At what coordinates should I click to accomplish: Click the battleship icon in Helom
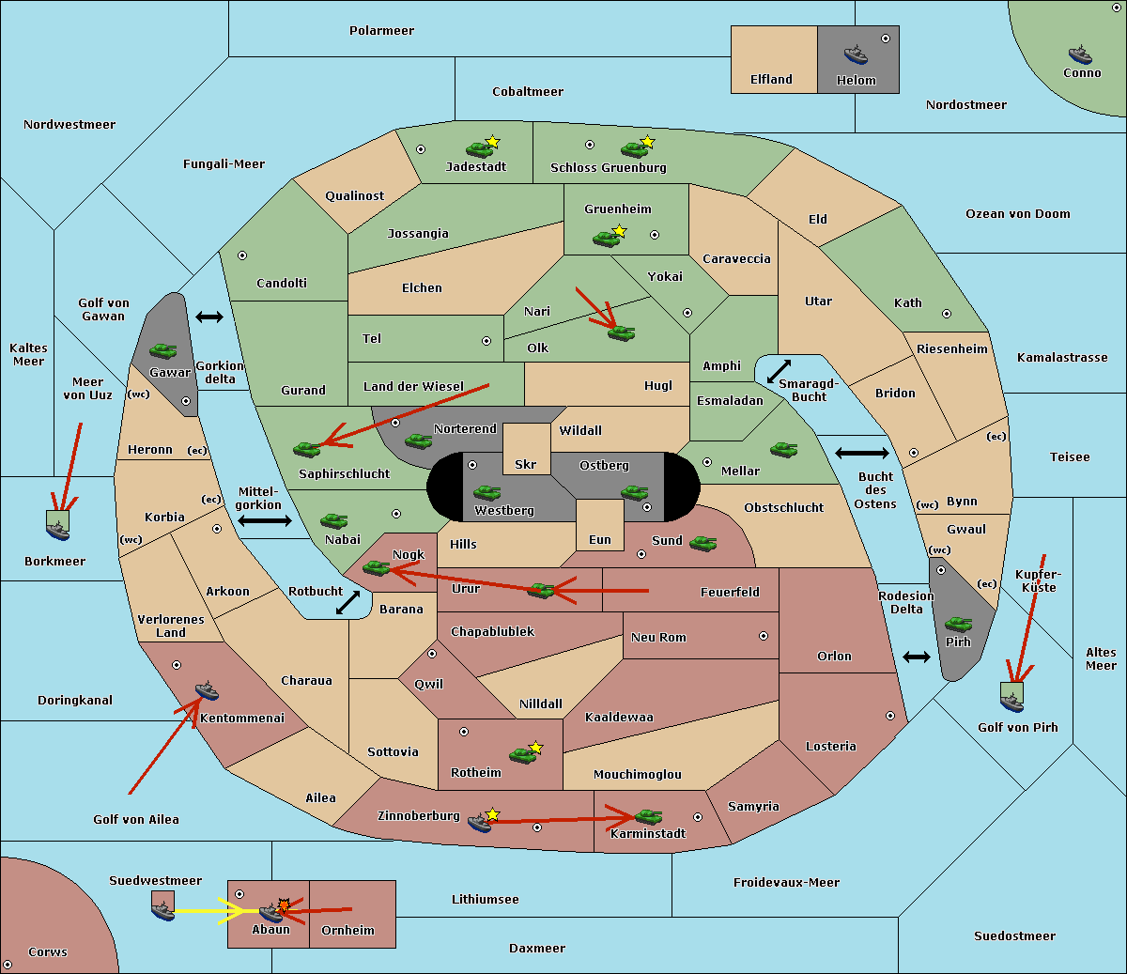click(856, 54)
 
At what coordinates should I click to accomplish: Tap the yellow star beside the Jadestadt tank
click(492, 142)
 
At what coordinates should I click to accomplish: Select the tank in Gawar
click(163, 350)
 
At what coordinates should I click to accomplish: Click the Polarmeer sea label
click(381, 31)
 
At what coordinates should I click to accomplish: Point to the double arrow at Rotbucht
click(347, 602)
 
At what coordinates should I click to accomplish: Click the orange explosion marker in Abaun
click(284, 905)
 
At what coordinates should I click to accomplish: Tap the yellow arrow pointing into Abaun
click(217, 911)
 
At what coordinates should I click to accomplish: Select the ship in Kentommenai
click(208, 690)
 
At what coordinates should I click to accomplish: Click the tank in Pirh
click(958, 624)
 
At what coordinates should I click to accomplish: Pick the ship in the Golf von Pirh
click(1012, 703)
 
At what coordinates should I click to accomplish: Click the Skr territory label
click(526, 464)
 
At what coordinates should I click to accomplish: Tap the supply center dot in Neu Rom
click(764, 636)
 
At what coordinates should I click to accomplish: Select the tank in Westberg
click(486, 492)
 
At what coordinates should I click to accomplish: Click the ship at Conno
click(1080, 54)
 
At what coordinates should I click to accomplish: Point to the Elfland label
click(771, 80)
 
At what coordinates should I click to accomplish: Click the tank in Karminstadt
click(648, 817)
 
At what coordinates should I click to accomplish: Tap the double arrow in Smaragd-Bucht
click(779, 371)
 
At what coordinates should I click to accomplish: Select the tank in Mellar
click(783, 450)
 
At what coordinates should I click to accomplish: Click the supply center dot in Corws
click(8, 965)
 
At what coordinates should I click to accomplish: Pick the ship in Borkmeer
click(58, 530)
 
